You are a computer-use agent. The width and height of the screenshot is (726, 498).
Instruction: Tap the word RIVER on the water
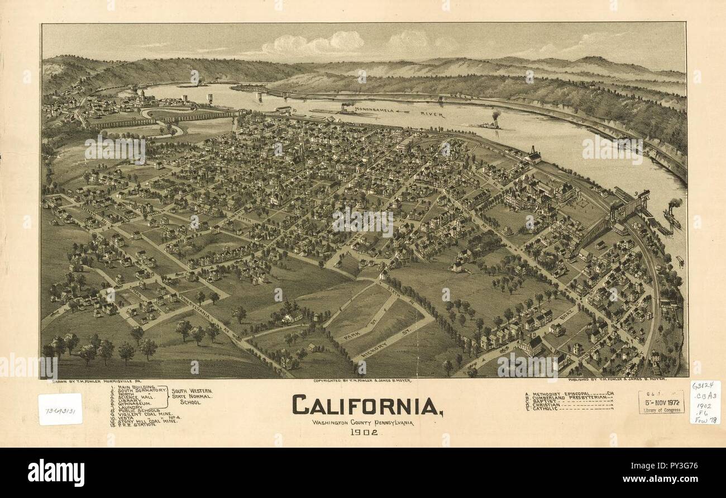pos(432,115)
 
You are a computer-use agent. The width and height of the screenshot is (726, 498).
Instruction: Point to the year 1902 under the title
pos(364,432)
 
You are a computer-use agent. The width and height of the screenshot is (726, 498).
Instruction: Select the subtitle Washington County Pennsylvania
pos(363,423)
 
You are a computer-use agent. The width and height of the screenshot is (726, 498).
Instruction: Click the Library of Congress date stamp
pos(661,402)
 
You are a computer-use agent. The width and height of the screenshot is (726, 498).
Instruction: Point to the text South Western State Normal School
pos(192,396)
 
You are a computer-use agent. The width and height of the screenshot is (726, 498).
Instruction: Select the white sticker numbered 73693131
pos(60,409)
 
